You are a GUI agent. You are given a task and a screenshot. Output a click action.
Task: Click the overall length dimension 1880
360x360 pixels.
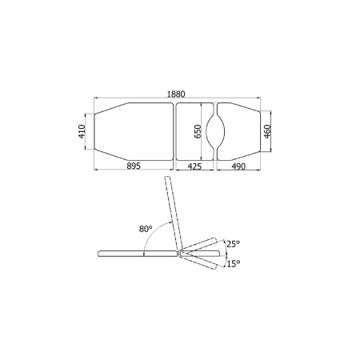176,94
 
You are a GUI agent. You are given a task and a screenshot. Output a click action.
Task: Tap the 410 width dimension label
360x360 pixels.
82,131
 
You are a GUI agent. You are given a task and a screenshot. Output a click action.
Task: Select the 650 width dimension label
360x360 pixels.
198,131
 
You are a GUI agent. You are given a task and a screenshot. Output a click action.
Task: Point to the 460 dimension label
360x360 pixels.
267,131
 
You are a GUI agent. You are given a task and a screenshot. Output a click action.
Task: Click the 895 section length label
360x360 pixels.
134,166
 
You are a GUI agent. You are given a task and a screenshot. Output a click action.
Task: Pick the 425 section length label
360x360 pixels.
194,166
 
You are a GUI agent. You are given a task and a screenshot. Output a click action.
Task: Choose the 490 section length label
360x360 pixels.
238,166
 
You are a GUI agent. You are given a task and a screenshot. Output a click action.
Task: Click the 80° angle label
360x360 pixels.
146,229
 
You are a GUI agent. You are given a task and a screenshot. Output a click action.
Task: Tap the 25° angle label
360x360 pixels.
234,244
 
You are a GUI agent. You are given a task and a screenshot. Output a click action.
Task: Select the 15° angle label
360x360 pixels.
234,264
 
